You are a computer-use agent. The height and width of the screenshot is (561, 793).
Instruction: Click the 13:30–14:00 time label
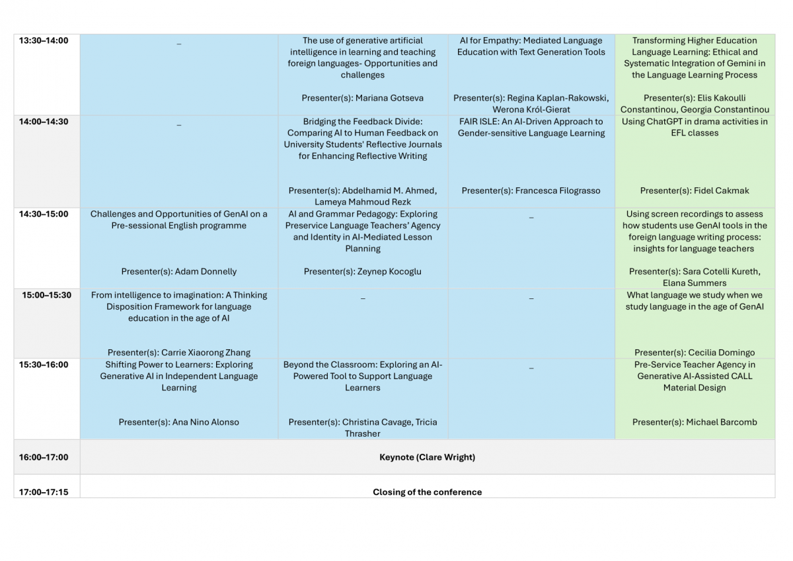[44, 41]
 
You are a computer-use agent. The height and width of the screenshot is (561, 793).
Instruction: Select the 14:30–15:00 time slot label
[44, 214]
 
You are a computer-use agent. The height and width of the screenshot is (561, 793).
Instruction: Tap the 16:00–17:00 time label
[44, 457]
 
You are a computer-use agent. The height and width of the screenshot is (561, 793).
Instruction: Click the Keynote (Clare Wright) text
[427, 457]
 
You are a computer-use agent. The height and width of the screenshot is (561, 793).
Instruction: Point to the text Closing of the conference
[427, 492]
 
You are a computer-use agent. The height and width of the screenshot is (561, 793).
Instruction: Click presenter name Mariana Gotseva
[389, 98]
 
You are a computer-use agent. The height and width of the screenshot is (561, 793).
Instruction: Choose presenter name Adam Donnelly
[206, 271]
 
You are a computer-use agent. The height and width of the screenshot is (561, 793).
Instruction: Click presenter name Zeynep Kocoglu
[388, 271]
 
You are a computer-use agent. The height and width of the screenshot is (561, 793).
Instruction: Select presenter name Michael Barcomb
[722, 422]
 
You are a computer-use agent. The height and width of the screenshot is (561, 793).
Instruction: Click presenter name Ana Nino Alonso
[206, 422]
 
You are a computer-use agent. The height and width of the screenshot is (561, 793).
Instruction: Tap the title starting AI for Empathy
[531, 46]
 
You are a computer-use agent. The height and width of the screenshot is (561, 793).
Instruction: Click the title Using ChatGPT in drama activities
[695, 127]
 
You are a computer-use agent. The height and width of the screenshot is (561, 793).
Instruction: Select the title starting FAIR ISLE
[531, 127]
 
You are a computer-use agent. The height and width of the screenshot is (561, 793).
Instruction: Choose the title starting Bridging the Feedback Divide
[362, 139]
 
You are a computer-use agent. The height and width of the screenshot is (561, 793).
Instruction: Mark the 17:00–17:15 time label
[44, 492]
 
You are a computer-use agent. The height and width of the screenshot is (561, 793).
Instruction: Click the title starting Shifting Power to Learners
[179, 376]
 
